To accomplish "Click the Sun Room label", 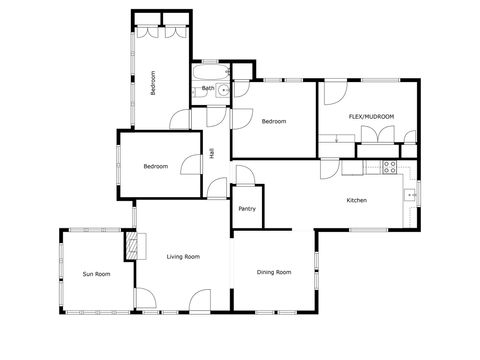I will point(96,273).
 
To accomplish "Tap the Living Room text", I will point(184,257).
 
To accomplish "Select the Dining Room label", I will point(274,272).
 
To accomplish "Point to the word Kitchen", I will point(357,201).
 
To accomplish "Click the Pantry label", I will point(247,208).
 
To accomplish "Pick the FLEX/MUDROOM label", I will point(371,117).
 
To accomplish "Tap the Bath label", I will point(207,88).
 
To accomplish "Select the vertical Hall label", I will point(212,154).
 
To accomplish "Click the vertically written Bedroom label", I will point(153,81).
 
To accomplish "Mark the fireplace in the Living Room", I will point(130,246).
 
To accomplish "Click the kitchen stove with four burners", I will point(391,166).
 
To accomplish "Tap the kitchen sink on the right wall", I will point(409,193).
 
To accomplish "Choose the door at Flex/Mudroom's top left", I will point(334,96).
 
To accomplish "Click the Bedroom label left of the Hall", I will point(155,166).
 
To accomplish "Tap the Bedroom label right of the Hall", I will point(274,122).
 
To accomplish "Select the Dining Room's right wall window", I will point(316,262).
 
